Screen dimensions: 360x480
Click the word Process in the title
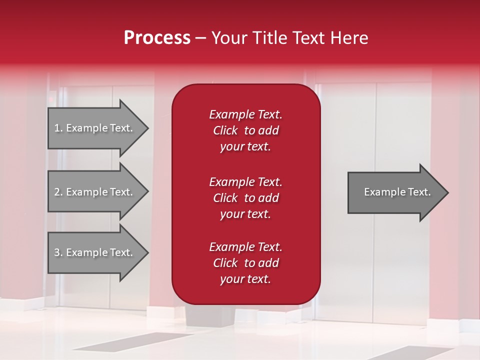pyautogui.click(x=157, y=38)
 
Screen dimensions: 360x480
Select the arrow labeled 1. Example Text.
pyautogui.click(x=95, y=128)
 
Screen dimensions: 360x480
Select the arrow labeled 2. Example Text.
pyautogui.click(x=95, y=192)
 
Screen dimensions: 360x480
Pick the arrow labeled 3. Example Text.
pyautogui.click(x=95, y=252)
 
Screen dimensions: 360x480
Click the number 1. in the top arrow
pyautogui.click(x=58, y=128)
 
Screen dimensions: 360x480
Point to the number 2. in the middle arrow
pyautogui.click(x=58, y=192)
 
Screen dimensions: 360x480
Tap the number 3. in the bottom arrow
pyautogui.click(x=58, y=252)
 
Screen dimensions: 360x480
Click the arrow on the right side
pyautogui.click(x=395, y=192)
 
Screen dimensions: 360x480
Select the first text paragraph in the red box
pyautogui.click(x=245, y=130)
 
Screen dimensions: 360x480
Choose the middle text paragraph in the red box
pyautogui.click(x=245, y=197)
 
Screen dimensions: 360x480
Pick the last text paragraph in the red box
pyautogui.click(x=245, y=263)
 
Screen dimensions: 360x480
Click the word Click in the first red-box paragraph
pyautogui.click(x=225, y=130)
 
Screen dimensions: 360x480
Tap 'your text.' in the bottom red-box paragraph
pyautogui.click(x=245, y=279)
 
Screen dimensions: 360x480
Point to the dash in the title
pyautogui.click(x=200, y=38)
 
